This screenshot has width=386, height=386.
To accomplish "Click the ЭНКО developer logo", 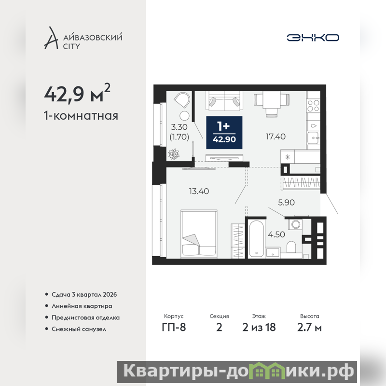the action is point(313,38).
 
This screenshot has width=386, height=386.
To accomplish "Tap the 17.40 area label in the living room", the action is point(276,137).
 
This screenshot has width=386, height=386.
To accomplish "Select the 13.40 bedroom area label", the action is point(199,191).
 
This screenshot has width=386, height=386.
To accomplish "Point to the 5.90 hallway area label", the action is point(286,202).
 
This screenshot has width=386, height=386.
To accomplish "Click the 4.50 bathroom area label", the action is point(276,234).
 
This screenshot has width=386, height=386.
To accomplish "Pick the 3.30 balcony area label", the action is point(179,127).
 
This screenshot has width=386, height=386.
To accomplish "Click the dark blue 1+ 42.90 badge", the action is point(224,133).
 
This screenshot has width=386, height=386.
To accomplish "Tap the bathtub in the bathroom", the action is point(256,239).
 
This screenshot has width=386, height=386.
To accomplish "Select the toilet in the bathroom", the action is point(291,247).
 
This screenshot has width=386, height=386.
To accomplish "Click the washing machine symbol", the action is point(295,224).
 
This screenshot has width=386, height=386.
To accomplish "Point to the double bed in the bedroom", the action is point(199,234).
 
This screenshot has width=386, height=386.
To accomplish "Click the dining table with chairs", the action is point(272,103).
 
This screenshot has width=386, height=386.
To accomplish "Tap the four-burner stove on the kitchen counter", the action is point(313,106).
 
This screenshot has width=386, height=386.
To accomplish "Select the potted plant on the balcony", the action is point(174,154).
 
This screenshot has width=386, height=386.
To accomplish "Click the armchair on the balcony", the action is point(182,100).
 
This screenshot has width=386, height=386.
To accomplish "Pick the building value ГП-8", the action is point(174,328).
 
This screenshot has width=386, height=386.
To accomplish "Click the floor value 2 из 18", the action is point(259,328).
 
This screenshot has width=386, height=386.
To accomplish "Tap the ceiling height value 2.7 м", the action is point(309,328).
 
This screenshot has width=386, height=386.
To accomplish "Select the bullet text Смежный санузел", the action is point(79,329).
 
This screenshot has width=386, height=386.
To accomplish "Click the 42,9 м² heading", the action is point(77,93).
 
